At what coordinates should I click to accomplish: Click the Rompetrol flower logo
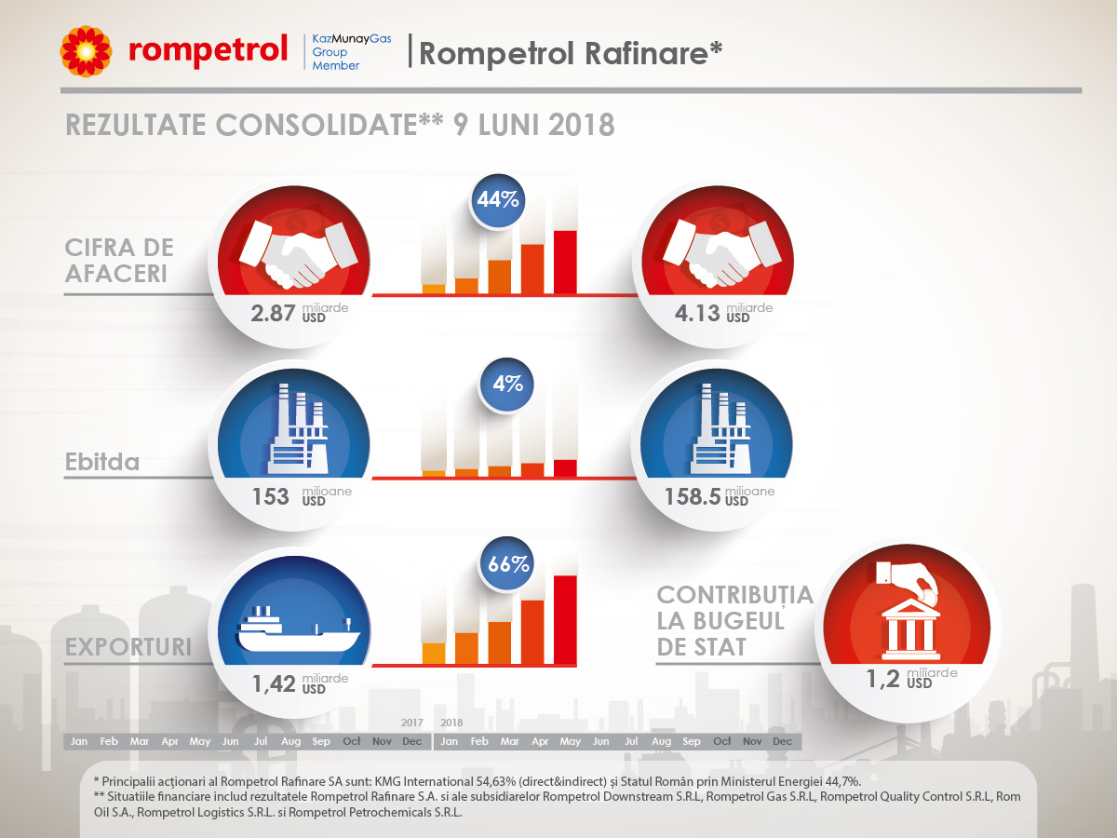(86, 51)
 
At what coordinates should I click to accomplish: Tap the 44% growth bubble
(497, 199)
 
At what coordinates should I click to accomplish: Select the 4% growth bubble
(506, 384)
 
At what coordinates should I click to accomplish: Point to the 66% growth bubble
(507, 563)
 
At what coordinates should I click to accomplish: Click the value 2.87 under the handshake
(273, 314)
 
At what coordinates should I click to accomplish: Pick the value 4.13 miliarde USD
(723, 313)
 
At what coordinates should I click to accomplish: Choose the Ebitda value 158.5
(693, 496)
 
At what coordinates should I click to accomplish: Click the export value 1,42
(274, 684)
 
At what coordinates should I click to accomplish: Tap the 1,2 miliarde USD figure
(911, 679)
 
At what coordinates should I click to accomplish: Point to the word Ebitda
(101, 462)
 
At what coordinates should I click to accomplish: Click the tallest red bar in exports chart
(565, 620)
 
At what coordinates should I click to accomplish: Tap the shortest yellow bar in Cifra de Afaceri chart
(434, 289)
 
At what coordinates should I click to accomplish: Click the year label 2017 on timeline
(411, 723)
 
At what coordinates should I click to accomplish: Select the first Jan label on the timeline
(79, 741)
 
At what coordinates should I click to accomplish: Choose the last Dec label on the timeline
(782, 741)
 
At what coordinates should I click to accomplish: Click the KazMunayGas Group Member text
(351, 52)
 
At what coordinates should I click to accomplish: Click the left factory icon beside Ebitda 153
(298, 429)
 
